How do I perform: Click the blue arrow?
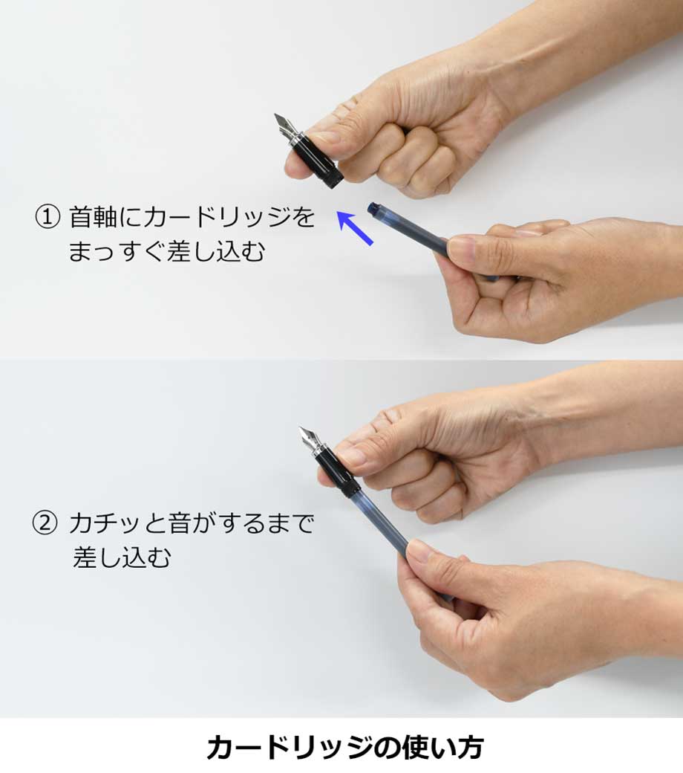coord(355,227)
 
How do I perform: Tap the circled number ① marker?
coord(48,217)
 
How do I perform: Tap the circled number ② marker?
coord(45,523)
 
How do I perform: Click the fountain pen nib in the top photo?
coord(285,126)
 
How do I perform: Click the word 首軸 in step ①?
coord(93,217)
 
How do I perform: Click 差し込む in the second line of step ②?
coord(122,558)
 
